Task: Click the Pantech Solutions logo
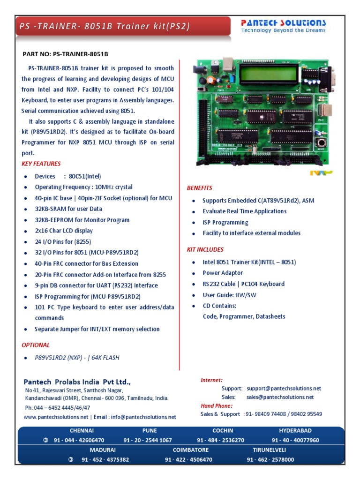click(283, 26)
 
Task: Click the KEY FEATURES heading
click(41, 164)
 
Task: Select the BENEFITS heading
click(199, 188)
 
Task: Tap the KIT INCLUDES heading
click(205, 249)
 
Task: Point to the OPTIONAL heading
click(36, 345)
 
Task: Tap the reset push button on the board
click(322, 142)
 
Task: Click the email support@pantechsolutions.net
click(284, 388)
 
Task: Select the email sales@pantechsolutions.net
click(280, 397)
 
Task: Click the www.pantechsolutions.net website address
click(56, 417)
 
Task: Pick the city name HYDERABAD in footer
click(295, 430)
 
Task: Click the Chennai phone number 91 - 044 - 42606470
click(79, 440)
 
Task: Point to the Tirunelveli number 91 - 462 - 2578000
click(270, 459)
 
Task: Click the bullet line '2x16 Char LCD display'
click(64, 231)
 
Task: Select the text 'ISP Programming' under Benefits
click(225, 222)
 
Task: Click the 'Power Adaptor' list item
click(223, 273)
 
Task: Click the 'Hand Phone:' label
click(216, 406)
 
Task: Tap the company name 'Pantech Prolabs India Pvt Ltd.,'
click(77, 382)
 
